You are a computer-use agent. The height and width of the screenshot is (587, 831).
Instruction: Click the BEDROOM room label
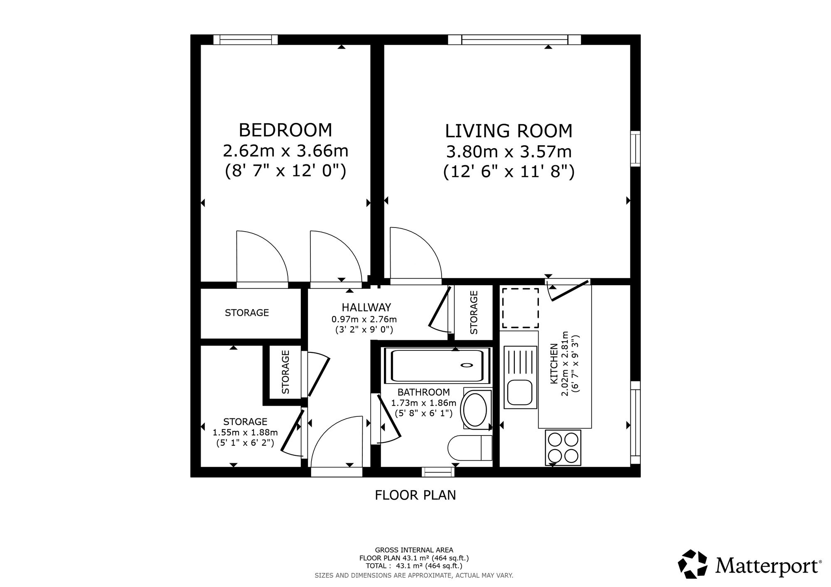point(285,130)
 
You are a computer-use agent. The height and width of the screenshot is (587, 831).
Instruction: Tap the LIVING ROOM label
point(509,131)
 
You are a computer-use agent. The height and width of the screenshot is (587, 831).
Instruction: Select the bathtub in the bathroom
point(438,365)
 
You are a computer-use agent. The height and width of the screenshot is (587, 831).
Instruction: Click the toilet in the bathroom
point(470,448)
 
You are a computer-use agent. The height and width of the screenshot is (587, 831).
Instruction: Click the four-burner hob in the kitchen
point(563,448)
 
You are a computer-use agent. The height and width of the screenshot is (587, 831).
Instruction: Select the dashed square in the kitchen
point(520,308)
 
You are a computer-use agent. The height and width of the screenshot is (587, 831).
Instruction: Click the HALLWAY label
point(366,308)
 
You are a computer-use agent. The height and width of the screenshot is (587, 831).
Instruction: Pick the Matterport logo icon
point(693,564)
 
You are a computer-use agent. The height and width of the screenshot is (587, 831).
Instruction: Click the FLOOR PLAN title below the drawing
point(415,495)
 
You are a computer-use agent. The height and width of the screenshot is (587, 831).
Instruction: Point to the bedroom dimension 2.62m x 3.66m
point(285,151)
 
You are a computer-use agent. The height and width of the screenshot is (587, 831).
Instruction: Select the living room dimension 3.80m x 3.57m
point(509,152)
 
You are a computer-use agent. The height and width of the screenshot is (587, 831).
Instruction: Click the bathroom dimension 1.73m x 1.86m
point(424,403)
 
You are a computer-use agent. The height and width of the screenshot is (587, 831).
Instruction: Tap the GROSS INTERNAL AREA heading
point(414,550)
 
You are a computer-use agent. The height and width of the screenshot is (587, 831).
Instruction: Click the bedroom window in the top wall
point(246,39)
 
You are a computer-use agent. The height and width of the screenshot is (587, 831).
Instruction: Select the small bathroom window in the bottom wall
point(438,472)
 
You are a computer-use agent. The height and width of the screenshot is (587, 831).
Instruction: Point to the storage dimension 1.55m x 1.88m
point(245,433)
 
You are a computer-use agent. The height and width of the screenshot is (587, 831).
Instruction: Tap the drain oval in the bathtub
point(467,365)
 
